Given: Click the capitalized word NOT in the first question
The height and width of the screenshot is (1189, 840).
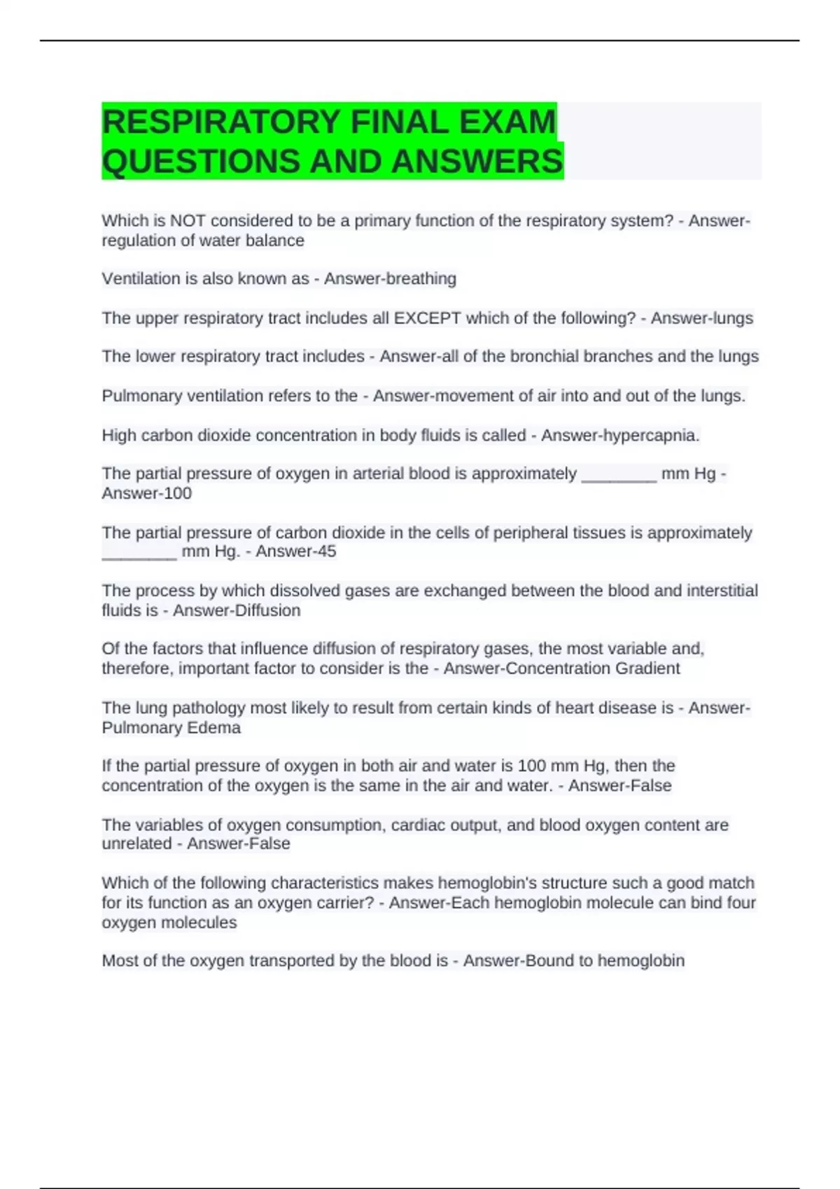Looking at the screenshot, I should [x=188, y=221].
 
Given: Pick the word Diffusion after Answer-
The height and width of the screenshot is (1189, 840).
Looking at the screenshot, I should [x=269, y=611].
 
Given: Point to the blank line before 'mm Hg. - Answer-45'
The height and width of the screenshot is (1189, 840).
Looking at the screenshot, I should [x=139, y=556].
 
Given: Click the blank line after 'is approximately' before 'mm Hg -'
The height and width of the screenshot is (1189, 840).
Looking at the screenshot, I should [x=619, y=478].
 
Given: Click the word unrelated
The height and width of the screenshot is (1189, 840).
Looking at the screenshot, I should [x=136, y=844].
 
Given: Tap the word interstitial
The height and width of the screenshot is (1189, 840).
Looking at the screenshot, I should [x=722, y=591].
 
